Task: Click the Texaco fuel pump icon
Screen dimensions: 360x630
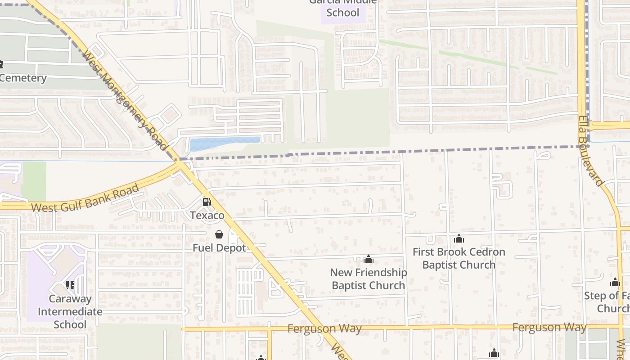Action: pyautogui.click(x=207, y=202)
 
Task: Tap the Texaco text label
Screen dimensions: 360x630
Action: pyautogui.click(x=207, y=216)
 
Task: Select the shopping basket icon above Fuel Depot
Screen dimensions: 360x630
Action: pyautogui.click(x=219, y=234)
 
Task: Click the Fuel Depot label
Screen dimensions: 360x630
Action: pyautogui.click(x=219, y=248)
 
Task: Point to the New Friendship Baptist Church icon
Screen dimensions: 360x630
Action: pyautogui.click(x=369, y=259)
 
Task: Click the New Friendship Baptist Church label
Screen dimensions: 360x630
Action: pyautogui.click(x=369, y=279)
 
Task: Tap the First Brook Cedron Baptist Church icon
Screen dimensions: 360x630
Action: pyautogui.click(x=459, y=238)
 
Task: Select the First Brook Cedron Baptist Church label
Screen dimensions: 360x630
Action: pyautogui.click(x=459, y=258)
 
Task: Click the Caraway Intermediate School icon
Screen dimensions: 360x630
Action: pyautogui.click(x=70, y=285)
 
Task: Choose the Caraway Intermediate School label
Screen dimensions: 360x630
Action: pyautogui.click(x=70, y=311)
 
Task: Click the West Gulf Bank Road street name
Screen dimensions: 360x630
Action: pyautogui.click(x=85, y=198)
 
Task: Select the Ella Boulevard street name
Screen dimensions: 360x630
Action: pyautogui.click(x=590, y=151)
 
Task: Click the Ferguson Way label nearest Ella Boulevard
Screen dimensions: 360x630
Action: pyautogui.click(x=549, y=327)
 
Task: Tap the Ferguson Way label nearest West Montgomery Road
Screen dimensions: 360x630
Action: pyautogui.click(x=324, y=328)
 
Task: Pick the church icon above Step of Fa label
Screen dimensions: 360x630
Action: pyautogui.click(x=615, y=283)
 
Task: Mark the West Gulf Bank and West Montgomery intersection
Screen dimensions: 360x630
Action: pyautogui.click(x=181, y=165)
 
